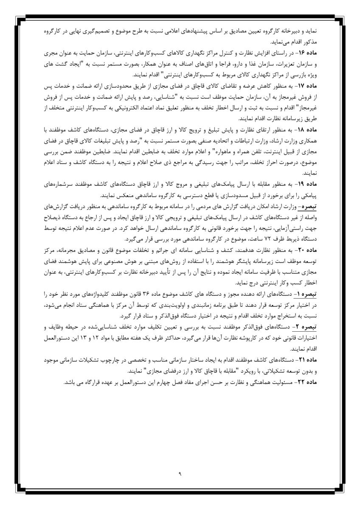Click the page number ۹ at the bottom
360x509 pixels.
180,472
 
